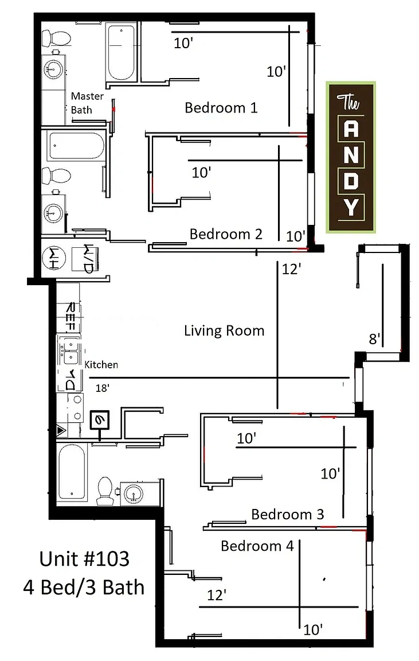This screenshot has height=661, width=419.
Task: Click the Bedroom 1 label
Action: [x=221, y=108]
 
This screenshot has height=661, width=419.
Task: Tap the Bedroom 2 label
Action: [x=226, y=234]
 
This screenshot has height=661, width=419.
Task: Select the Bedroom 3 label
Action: [x=288, y=514]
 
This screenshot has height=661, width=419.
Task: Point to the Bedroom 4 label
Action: [x=257, y=546]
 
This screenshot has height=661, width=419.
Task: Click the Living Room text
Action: [x=224, y=330]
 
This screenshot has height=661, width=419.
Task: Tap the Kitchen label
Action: [x=101, y=365]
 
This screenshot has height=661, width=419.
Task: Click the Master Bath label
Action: [x=87, y=103]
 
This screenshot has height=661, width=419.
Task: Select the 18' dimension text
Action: [x=103, y=388]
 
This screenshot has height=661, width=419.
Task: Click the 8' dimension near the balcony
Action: [x=374, y=339]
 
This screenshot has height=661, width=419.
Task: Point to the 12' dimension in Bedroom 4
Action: [x=217, y=595]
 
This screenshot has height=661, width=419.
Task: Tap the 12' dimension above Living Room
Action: [x=291, y=269]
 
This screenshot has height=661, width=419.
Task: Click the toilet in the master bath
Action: [x=56, y=38]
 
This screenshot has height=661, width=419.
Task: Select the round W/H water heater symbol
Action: [x=54, y=258]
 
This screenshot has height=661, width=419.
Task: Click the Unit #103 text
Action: [x=84, y=559]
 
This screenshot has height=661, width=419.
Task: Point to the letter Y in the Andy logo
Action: [x=351, y=207]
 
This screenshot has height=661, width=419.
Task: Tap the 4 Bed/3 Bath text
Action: [x=84, y=587]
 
